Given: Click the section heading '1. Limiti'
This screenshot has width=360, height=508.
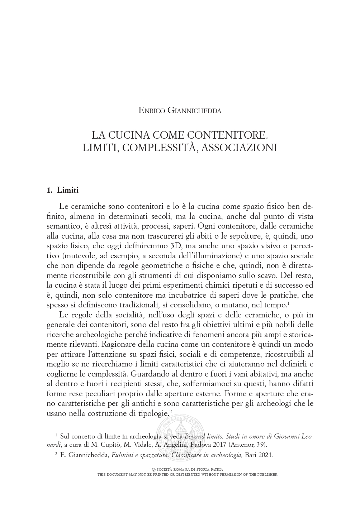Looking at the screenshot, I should click(x=63, y=190).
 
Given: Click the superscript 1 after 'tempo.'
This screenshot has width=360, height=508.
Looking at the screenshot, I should click(x=288, y=303).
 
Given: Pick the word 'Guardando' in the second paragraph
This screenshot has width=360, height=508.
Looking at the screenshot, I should click(x=147, y=373).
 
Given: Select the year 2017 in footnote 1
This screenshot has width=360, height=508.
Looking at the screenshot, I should click(x=215, y=445).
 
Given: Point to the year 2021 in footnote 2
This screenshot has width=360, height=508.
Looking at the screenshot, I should click(x=266, y=456).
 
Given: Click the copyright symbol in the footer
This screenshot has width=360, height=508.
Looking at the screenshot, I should click(x=154, y=469).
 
